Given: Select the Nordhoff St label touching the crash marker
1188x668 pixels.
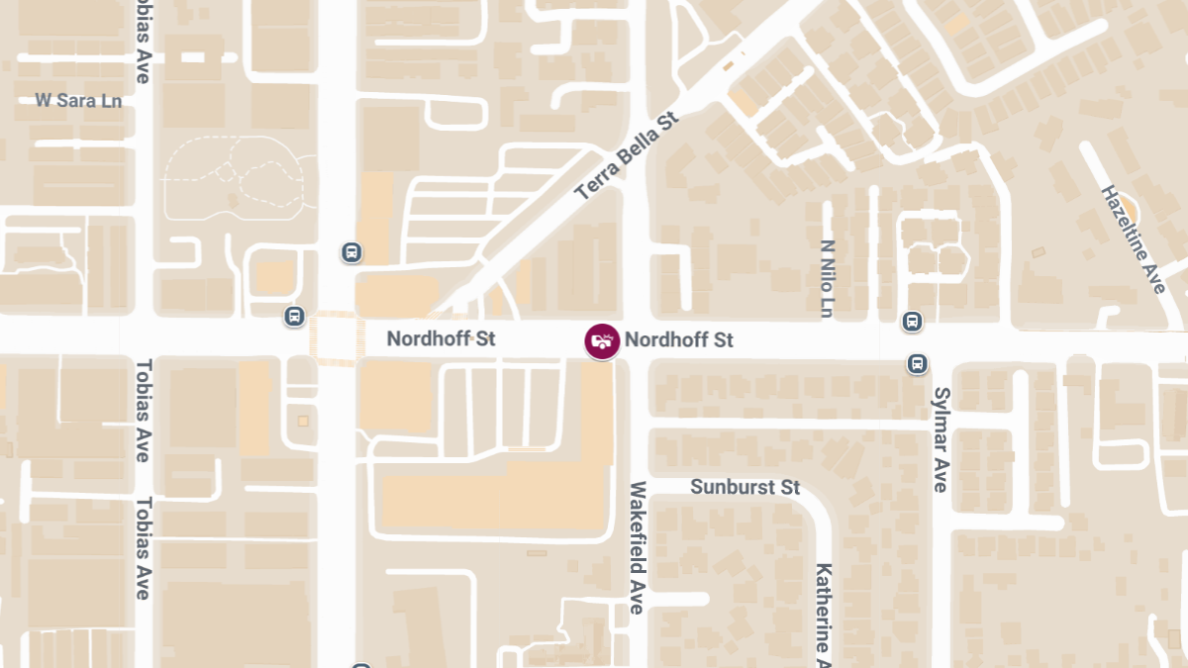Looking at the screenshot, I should pos(679,340).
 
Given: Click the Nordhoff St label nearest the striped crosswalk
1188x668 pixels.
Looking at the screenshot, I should pos(441,338).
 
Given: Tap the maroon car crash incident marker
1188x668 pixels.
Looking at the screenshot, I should pos(602,341).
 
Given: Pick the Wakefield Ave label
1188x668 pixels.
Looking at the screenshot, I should pos(638,547).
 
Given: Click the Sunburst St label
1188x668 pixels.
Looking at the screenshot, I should pos(744,487).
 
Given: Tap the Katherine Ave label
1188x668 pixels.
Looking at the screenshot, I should pos(823,614).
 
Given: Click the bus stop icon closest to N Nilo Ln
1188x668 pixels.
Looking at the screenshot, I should pos(912,322).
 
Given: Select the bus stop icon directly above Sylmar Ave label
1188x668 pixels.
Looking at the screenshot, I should pos(918,364).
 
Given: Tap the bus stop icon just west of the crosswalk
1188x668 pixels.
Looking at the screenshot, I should pos(294,317).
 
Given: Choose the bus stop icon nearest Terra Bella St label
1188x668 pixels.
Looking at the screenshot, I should pos(351,252).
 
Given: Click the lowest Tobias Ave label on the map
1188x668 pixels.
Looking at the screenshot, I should pos(143,547).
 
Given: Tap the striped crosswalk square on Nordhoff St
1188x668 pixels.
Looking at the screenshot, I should pos(334,338).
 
